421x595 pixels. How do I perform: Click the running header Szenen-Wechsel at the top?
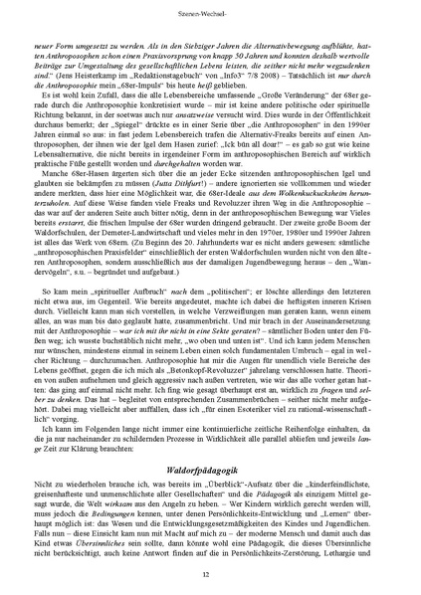(x=210, y=17)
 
